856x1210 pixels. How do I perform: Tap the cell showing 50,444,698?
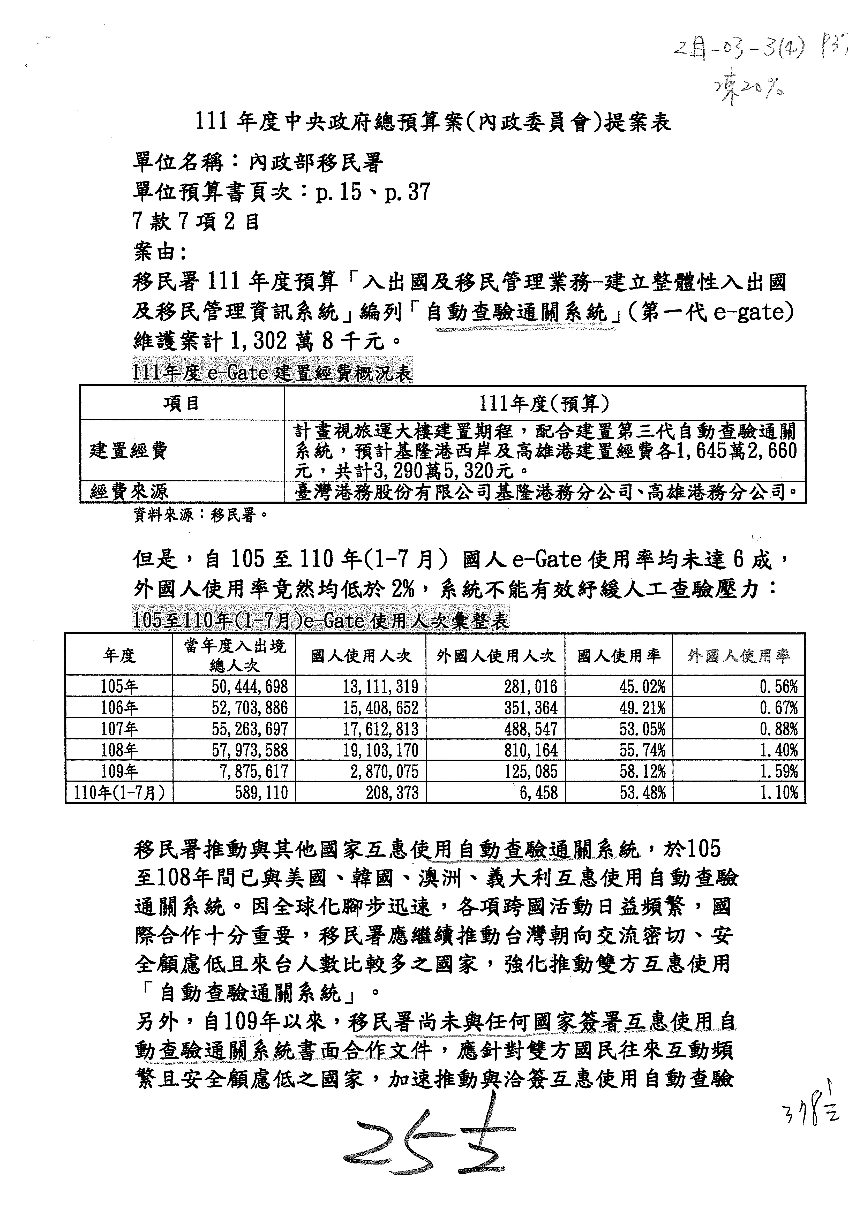250,686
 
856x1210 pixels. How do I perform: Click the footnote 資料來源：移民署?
200,515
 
